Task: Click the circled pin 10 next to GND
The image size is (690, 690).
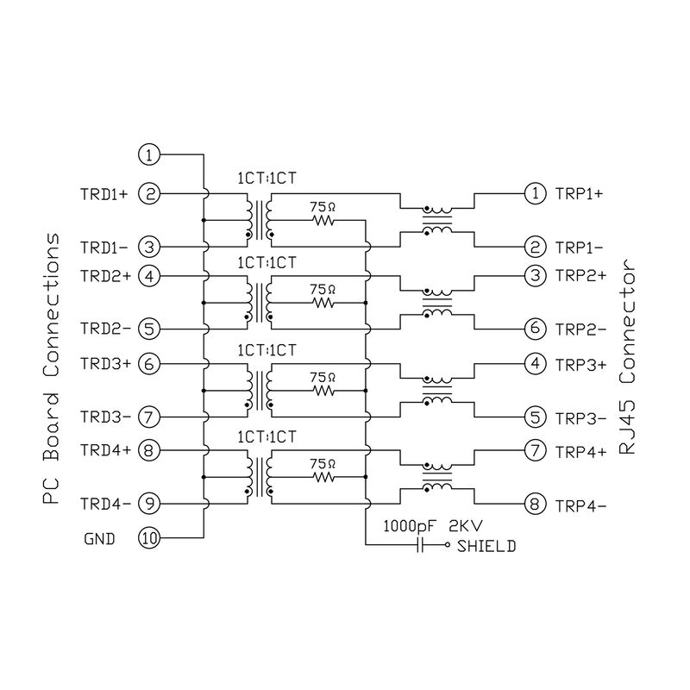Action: (x=149, y=538)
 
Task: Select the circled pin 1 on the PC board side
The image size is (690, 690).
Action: (x=149, y=155)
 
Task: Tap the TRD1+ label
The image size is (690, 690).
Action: (x=103, y=194)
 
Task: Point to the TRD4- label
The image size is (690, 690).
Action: (x=103, y=504)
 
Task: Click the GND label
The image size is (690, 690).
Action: (x=99, y=539)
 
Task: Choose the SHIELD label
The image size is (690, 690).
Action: (x=486, y=546)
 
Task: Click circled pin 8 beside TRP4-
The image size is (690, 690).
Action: (x=536, y=504)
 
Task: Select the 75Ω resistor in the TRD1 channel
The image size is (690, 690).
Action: (x=323, y=220)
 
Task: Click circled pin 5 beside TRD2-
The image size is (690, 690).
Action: (x=149, y=329)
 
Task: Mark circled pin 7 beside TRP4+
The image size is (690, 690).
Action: (x=536, y=450)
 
